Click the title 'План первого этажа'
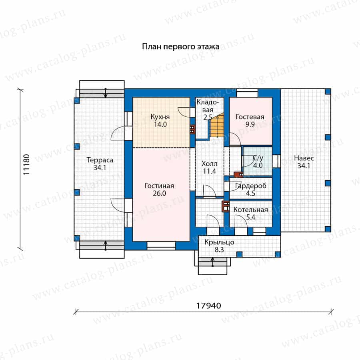(180, 47)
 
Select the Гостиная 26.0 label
(159, 190)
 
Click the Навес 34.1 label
(304, 162)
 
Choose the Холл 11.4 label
(209, 167)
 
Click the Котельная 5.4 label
(251, 213)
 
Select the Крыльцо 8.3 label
(219, 246)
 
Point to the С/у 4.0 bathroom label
(258, 162)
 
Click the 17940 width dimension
(208, 306)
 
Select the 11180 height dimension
(26, 164)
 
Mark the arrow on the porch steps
(213, 262)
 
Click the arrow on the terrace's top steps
(105, 93)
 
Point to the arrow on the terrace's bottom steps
(105, 245)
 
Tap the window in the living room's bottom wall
(161, 246)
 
